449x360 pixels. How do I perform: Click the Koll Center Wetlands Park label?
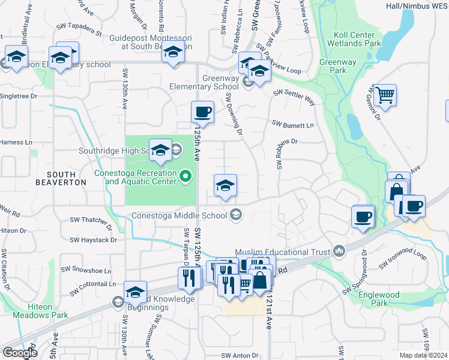click(354, 39)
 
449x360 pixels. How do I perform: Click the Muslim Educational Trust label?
click(282, 251)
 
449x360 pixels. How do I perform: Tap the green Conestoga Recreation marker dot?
click(185, 176)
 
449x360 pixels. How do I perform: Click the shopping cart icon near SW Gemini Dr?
click(384, 94)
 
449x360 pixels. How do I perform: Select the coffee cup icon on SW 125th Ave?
click(202, 111)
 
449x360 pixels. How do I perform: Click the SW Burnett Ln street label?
click(293, 124)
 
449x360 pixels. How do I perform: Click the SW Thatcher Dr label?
click(91, 220)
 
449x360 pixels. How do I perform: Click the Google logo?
click(20, 353)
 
